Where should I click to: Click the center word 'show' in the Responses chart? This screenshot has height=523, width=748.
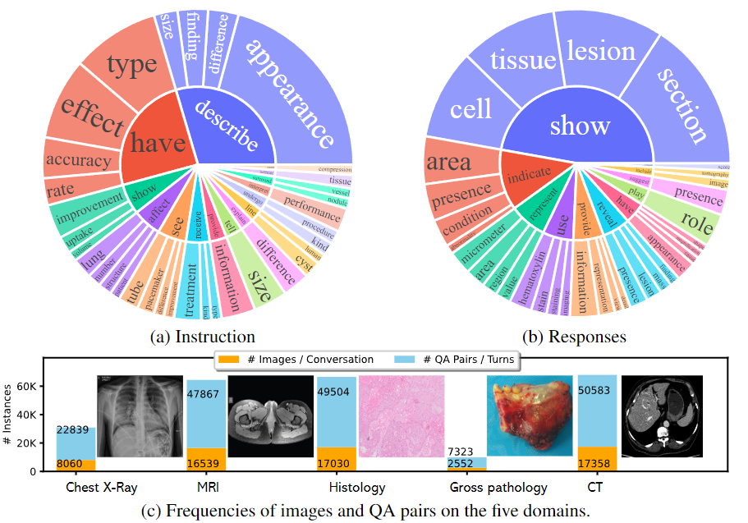tap(580, 125)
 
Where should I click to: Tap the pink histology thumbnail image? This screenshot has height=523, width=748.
tap(402, 416)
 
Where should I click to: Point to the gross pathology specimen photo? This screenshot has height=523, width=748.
tap(529, 416)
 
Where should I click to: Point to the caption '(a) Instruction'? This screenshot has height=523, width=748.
tap(203, 337)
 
